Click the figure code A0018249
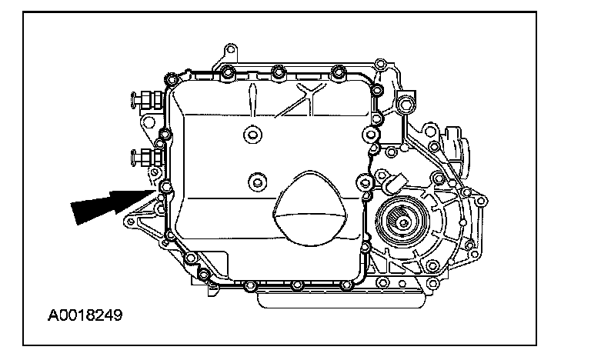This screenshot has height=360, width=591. (x=85, y=315)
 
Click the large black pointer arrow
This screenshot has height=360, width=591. (x=113, y=205)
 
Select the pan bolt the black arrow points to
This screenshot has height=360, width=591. (x=166, y=186)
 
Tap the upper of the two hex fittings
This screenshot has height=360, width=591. (x=147, y=100)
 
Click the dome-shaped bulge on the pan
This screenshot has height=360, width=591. (x=310, y=208)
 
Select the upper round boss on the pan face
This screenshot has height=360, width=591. (x=253, y=134)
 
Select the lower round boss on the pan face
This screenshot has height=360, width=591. (x=258, y=183)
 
